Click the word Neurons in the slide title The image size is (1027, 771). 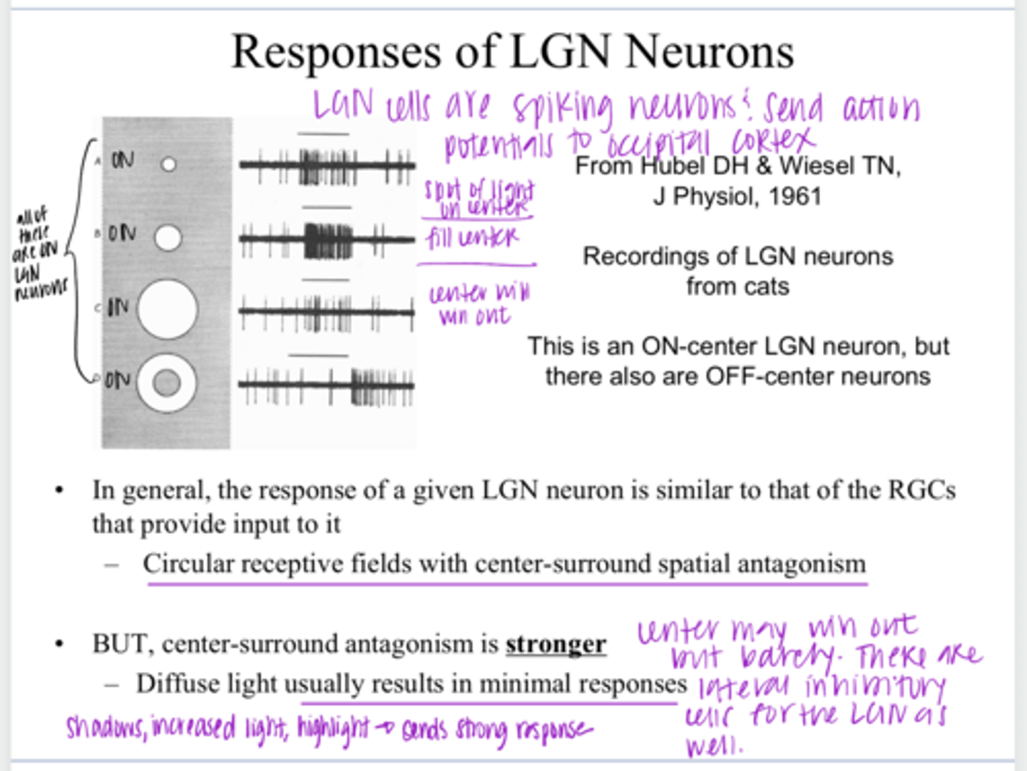coord(710,52)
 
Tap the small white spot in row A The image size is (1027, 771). coord(168,165)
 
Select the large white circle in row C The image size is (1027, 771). coord(167,309)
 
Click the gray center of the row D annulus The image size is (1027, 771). coord(167,383)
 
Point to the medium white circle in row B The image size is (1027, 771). coord(168,238)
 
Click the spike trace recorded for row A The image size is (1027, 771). coord(327,166)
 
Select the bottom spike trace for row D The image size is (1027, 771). coord(327,385)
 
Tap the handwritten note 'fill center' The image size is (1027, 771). coord(473,237)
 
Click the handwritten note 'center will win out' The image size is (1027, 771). coord(478,304)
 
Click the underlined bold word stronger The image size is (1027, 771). coord(556,644)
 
